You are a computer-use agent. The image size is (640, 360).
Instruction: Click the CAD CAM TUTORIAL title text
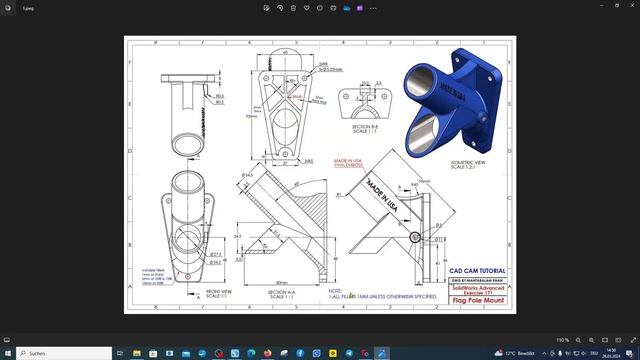pyautogui.click(x=477, y=271)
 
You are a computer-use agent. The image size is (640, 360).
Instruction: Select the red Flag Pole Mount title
pyautogui.click(x=477, y=300)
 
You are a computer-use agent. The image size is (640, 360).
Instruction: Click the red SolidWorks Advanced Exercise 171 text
pyautogui.click(x=477, y=289)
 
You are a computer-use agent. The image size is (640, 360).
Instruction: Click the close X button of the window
pyautogui.click(x=624, y=7)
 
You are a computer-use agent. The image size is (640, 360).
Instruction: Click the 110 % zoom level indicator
pyautogui.click(x=562, y=339)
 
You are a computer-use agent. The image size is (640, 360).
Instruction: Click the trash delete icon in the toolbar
pyautogui.click(x=293, y=7)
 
